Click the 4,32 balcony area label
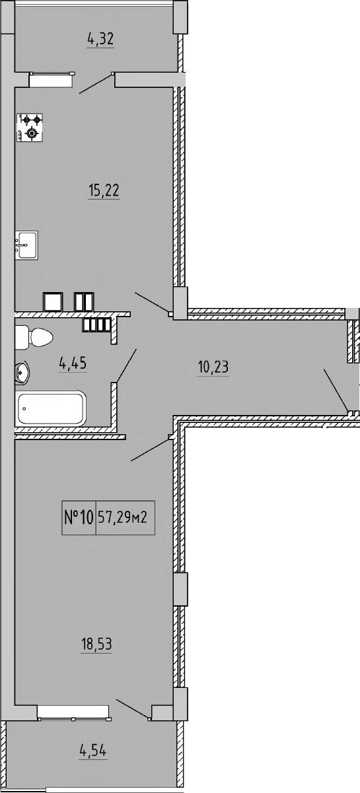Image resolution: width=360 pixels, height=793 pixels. pos(100,39)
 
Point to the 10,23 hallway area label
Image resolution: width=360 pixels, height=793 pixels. pos(213,365)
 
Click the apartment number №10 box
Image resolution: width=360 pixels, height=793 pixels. pos(79,517)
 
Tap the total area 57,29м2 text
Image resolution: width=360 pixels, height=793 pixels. pos(126,517)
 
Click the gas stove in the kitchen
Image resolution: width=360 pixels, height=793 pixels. pos(30,127)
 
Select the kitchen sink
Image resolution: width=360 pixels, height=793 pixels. pos(26,244)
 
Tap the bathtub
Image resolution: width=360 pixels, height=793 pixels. pos(51,409)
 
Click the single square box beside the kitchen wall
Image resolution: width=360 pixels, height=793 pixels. pos(53,301)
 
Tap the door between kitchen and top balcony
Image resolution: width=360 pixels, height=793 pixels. pos(96,84)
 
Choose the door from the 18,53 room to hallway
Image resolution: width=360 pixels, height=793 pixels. pos(150,449)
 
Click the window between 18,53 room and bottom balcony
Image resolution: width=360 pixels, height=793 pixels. pos(73,711)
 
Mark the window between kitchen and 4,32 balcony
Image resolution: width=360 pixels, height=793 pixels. pos(50,79)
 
